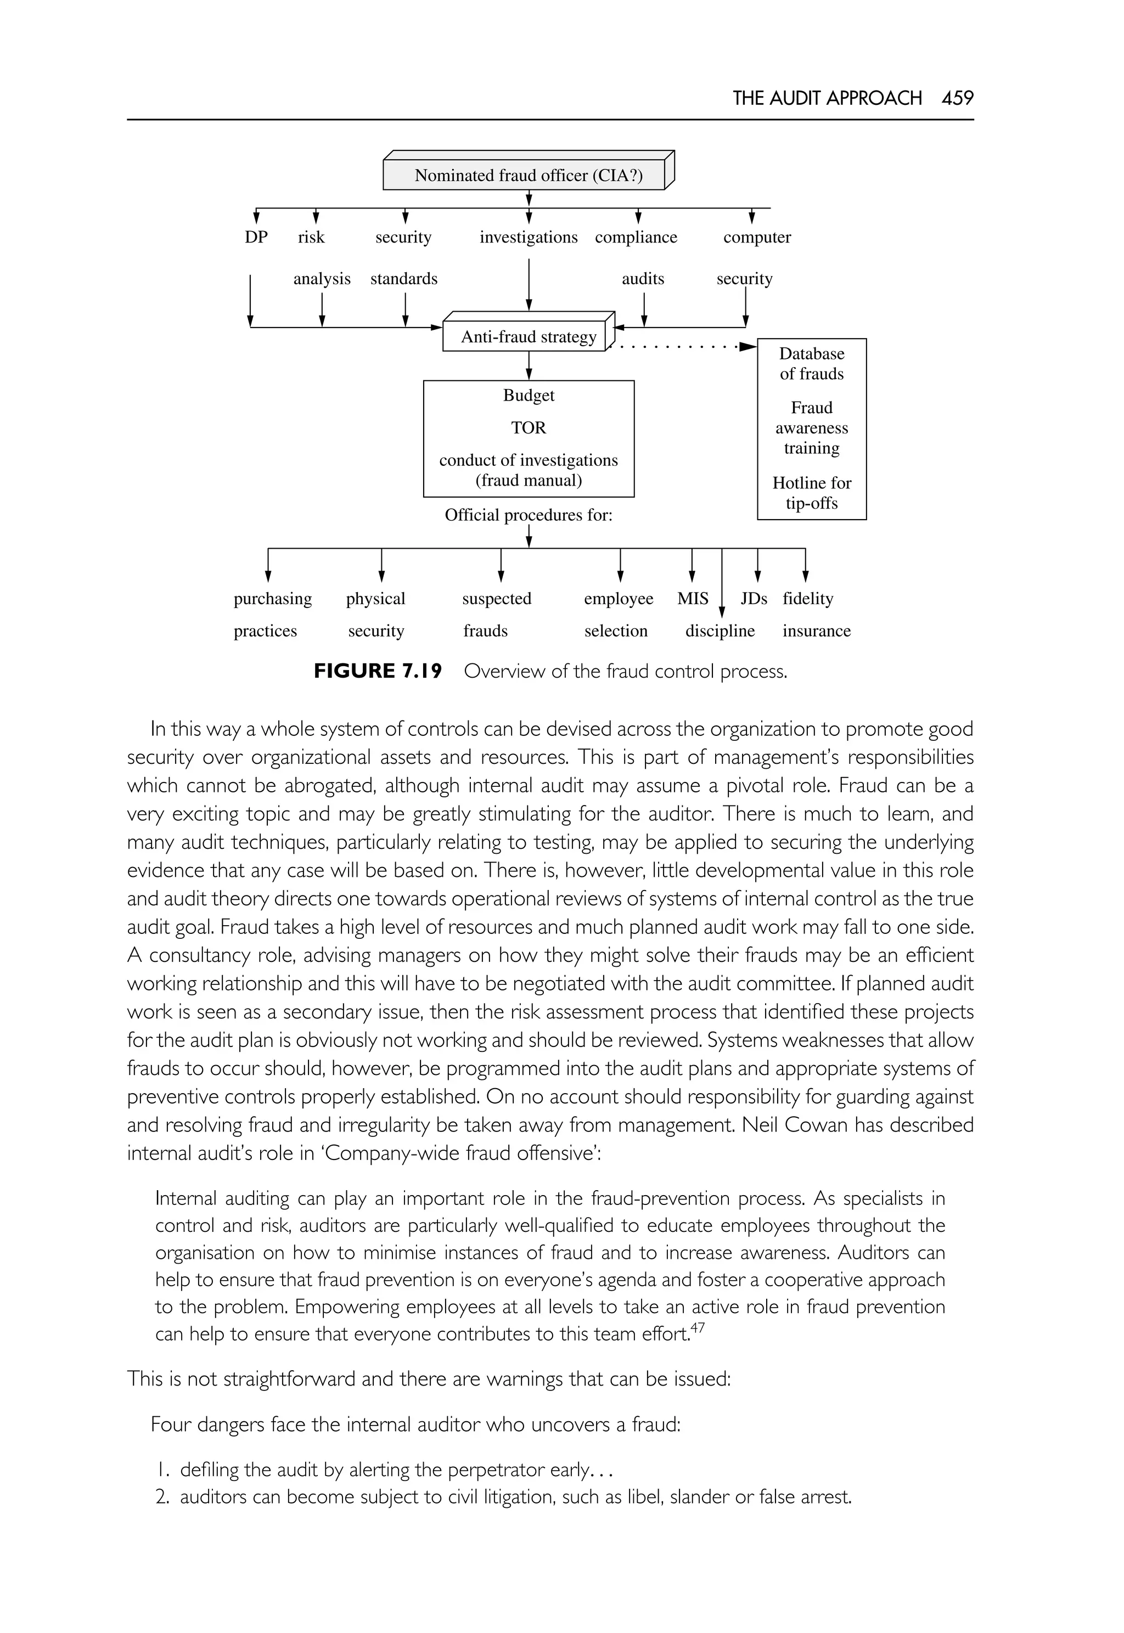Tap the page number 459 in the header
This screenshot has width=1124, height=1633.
pyautogui.click(x=957, y=98)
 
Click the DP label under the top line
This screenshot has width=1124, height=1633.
pyautogui.click(x=256, y=237)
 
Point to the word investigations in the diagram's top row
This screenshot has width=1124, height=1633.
pyautogui.click(x=528, y=237)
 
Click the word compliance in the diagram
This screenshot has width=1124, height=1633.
pyautogui.click(x=636, y=237)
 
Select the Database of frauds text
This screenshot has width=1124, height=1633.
pyautogui.click(x=811, y=363)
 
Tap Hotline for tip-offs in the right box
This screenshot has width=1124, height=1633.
pyautogui.click(x=811, y=493)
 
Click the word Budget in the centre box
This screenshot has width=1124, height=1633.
pyautogui.click(x=528, y=396)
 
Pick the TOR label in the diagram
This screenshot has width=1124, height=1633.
pyautogui.click(x=528, y=428)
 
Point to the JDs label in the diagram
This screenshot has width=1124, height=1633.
pyautogui.click(x=754, y=599)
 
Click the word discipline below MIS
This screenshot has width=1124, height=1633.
pyautogui.click(x=720, y=631)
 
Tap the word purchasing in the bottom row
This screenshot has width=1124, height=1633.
pyautogui.click(x=273, y=599)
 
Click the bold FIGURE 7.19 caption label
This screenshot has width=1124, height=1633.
pyautogui.click(x=378, y=671)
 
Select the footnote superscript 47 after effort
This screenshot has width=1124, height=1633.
pyautogui.click(x=696, y=1327)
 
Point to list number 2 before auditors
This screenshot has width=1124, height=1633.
pyautogui.click(x=162, y=1496)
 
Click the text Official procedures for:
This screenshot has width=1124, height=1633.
pyautogui.click(x=528, y=515)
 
